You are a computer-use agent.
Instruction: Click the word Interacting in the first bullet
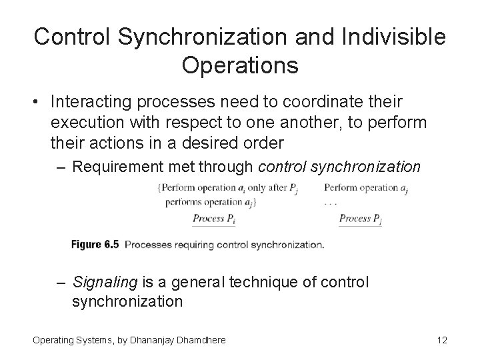88,103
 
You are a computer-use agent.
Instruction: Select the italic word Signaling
104,283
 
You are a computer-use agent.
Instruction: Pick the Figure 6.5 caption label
95,245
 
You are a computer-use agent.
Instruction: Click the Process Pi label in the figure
213,219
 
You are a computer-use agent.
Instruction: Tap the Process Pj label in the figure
360,219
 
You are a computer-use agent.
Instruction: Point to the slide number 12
441,341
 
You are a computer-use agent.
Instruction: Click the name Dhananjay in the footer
147,341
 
